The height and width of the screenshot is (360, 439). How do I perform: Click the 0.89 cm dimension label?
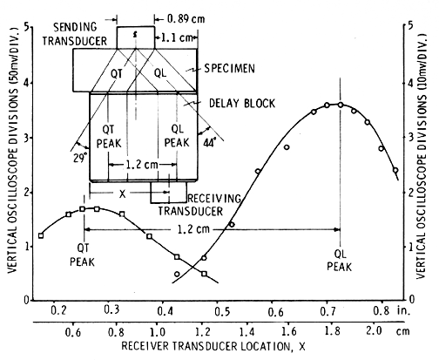tap(186, 19)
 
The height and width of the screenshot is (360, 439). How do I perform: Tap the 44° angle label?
tap(210, 143)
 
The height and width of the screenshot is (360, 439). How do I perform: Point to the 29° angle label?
tap(80, 158)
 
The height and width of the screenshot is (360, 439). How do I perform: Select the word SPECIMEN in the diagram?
tap(229, 69)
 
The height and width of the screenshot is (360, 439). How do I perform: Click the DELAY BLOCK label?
tap(242, 103)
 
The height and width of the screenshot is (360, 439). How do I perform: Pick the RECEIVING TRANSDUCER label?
tap(200, 205)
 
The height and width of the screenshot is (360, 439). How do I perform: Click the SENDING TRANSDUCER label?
tap(75, 34)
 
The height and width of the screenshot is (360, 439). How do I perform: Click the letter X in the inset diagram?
tap(123, 194)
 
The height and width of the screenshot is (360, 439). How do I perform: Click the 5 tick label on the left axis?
tap(27, 27)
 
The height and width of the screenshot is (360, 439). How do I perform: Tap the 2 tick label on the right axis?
tap(410, 193)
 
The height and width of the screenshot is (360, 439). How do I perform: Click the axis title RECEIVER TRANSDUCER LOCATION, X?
tap(213, 346)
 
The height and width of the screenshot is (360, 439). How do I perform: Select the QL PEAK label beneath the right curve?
tap(340, 261)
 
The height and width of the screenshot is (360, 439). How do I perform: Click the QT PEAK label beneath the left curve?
tap(82, 255)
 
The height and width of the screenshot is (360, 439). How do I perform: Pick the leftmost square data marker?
tap(41, 235)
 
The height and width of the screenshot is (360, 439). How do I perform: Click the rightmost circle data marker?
tap(395, 170)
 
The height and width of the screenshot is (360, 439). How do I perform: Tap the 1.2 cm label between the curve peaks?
tap(193, 229)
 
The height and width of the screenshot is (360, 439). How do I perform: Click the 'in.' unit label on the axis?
tap(404, 311)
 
